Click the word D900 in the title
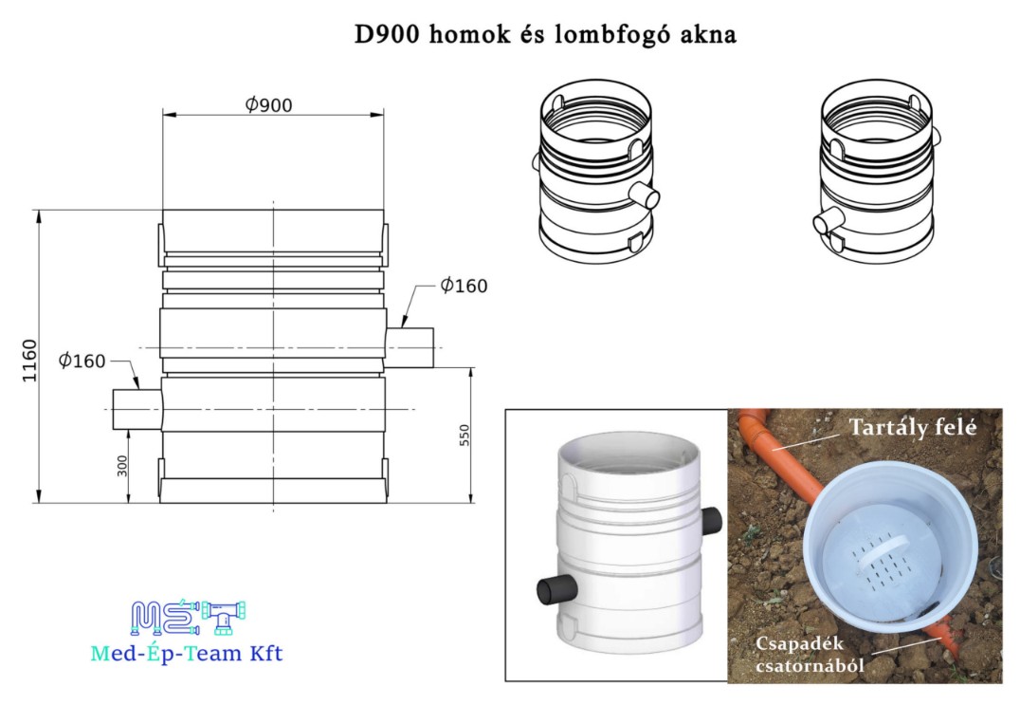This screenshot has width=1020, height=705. [387, 34]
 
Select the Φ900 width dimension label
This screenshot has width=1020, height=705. [268, 104]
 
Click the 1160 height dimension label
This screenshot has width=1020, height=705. [30, 361]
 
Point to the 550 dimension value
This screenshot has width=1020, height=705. [464, 435]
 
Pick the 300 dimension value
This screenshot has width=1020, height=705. [123, 466]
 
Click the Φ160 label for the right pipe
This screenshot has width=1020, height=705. [464, 285]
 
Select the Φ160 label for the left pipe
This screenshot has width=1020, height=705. [82, 360]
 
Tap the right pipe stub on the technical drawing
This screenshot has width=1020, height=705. [410, 347]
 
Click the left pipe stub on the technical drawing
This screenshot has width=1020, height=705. [137, 410]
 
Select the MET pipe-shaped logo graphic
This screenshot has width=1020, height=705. [188, 618]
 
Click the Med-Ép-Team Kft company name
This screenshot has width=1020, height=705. [187, 653]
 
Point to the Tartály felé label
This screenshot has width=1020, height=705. [913, 427]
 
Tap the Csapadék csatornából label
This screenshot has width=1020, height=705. [810, 654]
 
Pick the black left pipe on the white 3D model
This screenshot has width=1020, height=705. [556, 590]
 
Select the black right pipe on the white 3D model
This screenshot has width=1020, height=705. [712, 521]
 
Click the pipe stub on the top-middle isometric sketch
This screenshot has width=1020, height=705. [645, 195]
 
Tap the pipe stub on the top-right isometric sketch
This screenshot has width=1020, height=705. [829, 219]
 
